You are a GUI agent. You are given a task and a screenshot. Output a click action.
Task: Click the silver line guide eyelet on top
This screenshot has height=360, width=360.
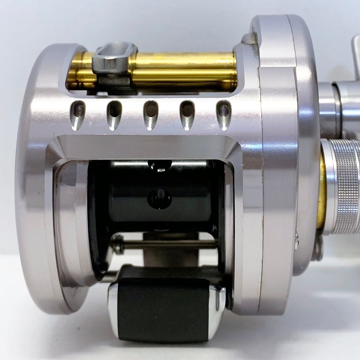(114, 58)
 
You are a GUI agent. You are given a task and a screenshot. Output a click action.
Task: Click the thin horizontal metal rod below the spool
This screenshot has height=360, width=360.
(166, 244)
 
